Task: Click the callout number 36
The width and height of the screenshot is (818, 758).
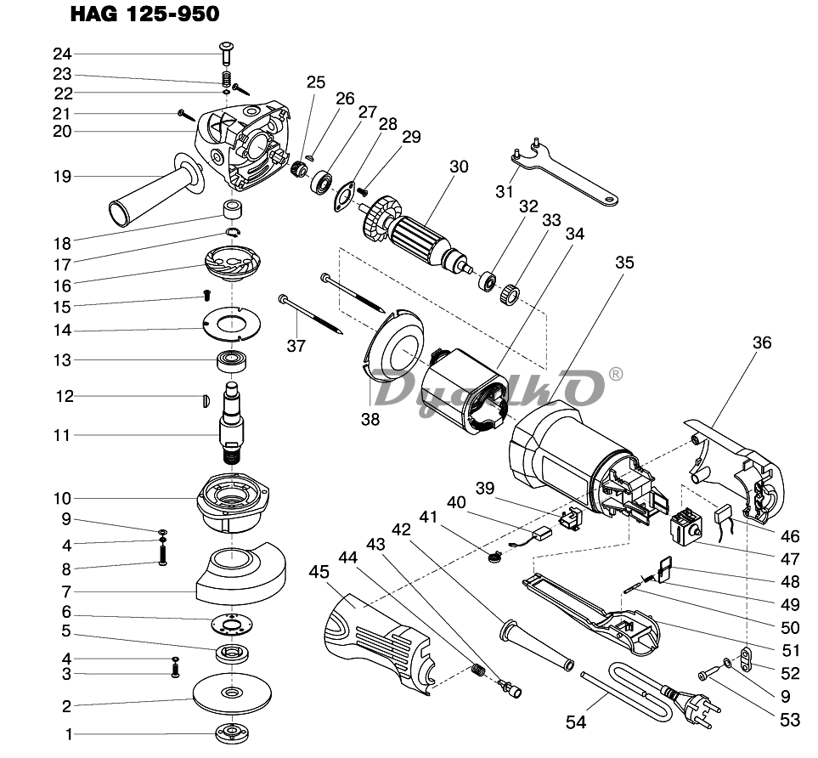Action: coord(761,343)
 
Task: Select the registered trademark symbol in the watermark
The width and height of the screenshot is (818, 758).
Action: coord(616,373)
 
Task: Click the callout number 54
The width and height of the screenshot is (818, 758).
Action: coord(577,722)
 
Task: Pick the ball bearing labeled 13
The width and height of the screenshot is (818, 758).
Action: coord(232,360)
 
